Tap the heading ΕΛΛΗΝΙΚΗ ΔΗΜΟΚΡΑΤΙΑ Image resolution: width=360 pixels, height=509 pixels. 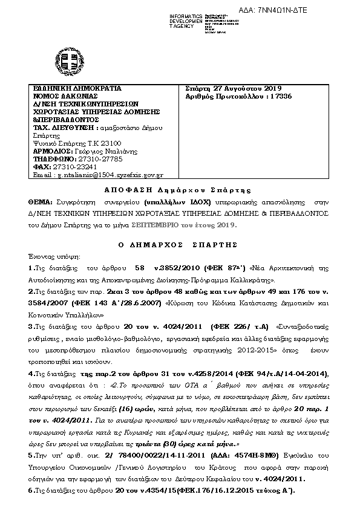pos(77,88)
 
